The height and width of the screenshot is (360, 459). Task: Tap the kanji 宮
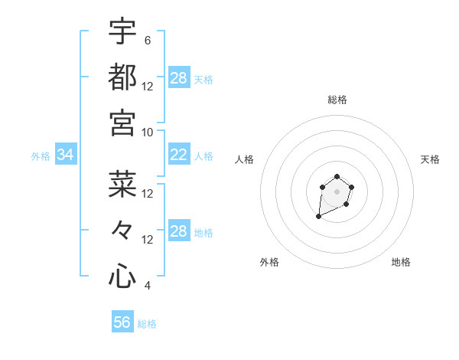(122, 122)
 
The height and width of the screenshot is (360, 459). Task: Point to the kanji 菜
(122, 183)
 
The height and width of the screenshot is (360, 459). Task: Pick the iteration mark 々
(122, 229)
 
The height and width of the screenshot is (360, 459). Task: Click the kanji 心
(122, 276)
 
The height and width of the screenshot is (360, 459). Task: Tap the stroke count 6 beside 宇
(148, 40)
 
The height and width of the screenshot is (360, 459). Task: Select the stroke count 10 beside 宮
(148, 132)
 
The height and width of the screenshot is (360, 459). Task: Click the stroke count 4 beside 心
(148, 286)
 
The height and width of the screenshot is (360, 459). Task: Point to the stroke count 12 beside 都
(148, 86)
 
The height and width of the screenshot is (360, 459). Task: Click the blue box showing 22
(178, 155)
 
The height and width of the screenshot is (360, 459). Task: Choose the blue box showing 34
(65, 155)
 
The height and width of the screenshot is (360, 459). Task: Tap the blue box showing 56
(122, 322)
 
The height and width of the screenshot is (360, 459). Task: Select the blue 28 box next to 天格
(178, 78)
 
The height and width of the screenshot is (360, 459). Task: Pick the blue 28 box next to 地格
(178, 231)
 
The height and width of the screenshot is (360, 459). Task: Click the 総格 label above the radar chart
(337, 100)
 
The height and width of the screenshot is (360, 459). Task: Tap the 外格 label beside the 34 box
(41, 156)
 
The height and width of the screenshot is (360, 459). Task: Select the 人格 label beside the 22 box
(203, 156)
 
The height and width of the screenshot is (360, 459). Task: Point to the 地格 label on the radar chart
(401, 263)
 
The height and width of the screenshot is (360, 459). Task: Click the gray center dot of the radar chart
(337, 191)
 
